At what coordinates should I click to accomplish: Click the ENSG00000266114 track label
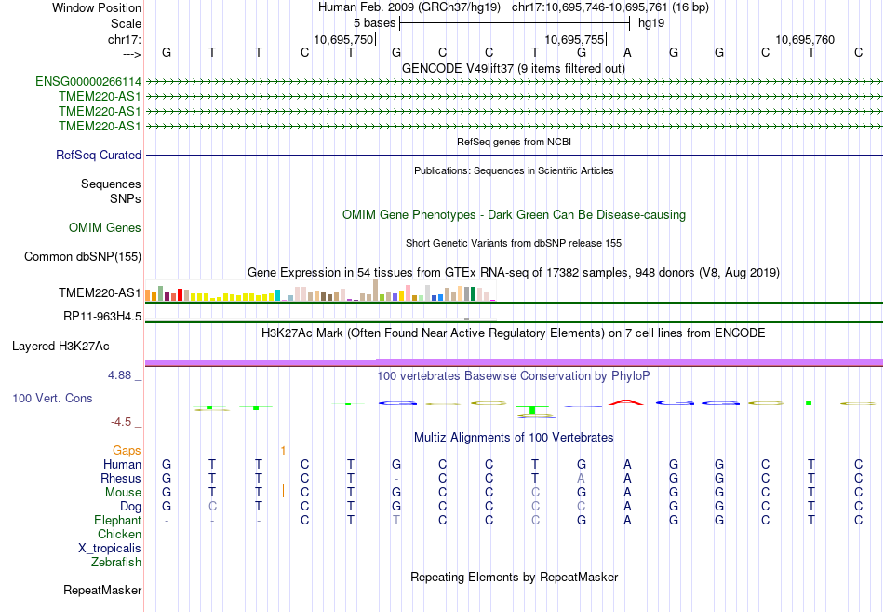tap(88, 82)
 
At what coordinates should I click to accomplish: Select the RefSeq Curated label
tap(99, 156)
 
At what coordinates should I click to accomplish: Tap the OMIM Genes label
tap(105, 228)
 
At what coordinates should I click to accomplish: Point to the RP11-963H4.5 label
tap(102, 317)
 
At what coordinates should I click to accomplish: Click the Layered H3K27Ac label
tap(60, 347)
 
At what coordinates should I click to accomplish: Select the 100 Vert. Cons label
tap(52, 399)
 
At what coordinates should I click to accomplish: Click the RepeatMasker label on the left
tap(102, 591)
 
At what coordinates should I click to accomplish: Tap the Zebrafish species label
tap(116, 563)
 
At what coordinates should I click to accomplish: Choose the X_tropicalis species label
tap(110, 549)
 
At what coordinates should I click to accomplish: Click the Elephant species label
tap(117, 521)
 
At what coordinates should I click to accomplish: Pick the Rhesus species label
tap(121, 479)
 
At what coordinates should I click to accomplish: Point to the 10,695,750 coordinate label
tap(343, 39)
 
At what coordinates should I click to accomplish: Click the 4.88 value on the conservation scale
tap(123, 376)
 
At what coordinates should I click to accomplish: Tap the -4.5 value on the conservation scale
tap(125, 422)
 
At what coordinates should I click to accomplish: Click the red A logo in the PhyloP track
tap(627, 402)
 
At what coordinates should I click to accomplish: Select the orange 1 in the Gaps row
tap(283, 451)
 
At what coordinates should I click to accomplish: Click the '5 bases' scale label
tap(375, 22)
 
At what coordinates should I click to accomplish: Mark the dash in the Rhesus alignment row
tap(396, 479)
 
